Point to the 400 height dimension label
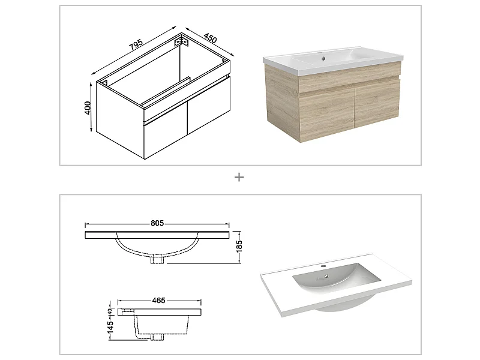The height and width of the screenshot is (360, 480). pos(88,107)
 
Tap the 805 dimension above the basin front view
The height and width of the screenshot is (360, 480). pos(157,224)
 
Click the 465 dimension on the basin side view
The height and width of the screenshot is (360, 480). pos(158,300)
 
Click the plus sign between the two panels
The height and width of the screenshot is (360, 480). pos(239,177)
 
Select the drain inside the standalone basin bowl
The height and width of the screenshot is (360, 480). pos(328,277)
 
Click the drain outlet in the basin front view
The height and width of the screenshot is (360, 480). pos(157,260)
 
